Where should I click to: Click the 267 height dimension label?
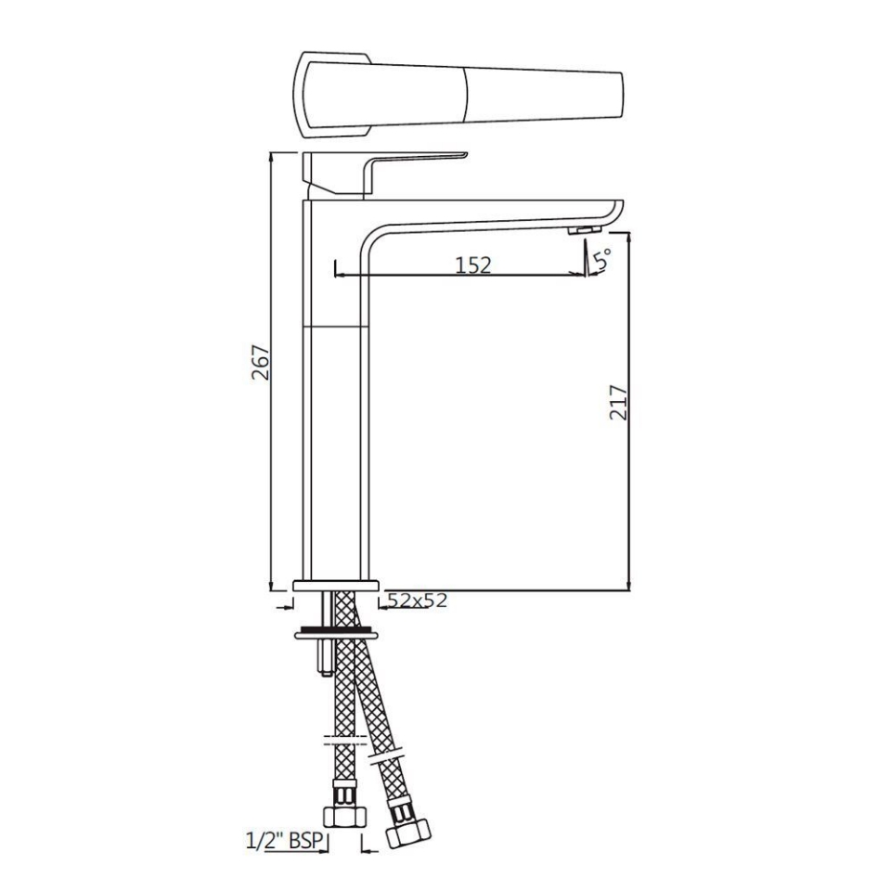click(261, 363)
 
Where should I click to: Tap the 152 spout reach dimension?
click(472, 265)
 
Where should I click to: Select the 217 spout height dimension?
click(619, 403)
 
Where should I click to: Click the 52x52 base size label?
click(417, 600)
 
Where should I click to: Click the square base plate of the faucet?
click(335, 586)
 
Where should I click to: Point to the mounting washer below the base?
click(335, 635)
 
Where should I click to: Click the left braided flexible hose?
click(343, 687)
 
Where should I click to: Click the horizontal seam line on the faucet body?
click(337, 327)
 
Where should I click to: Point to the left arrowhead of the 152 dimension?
click(337, 274)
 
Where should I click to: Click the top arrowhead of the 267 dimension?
click(270, 159)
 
